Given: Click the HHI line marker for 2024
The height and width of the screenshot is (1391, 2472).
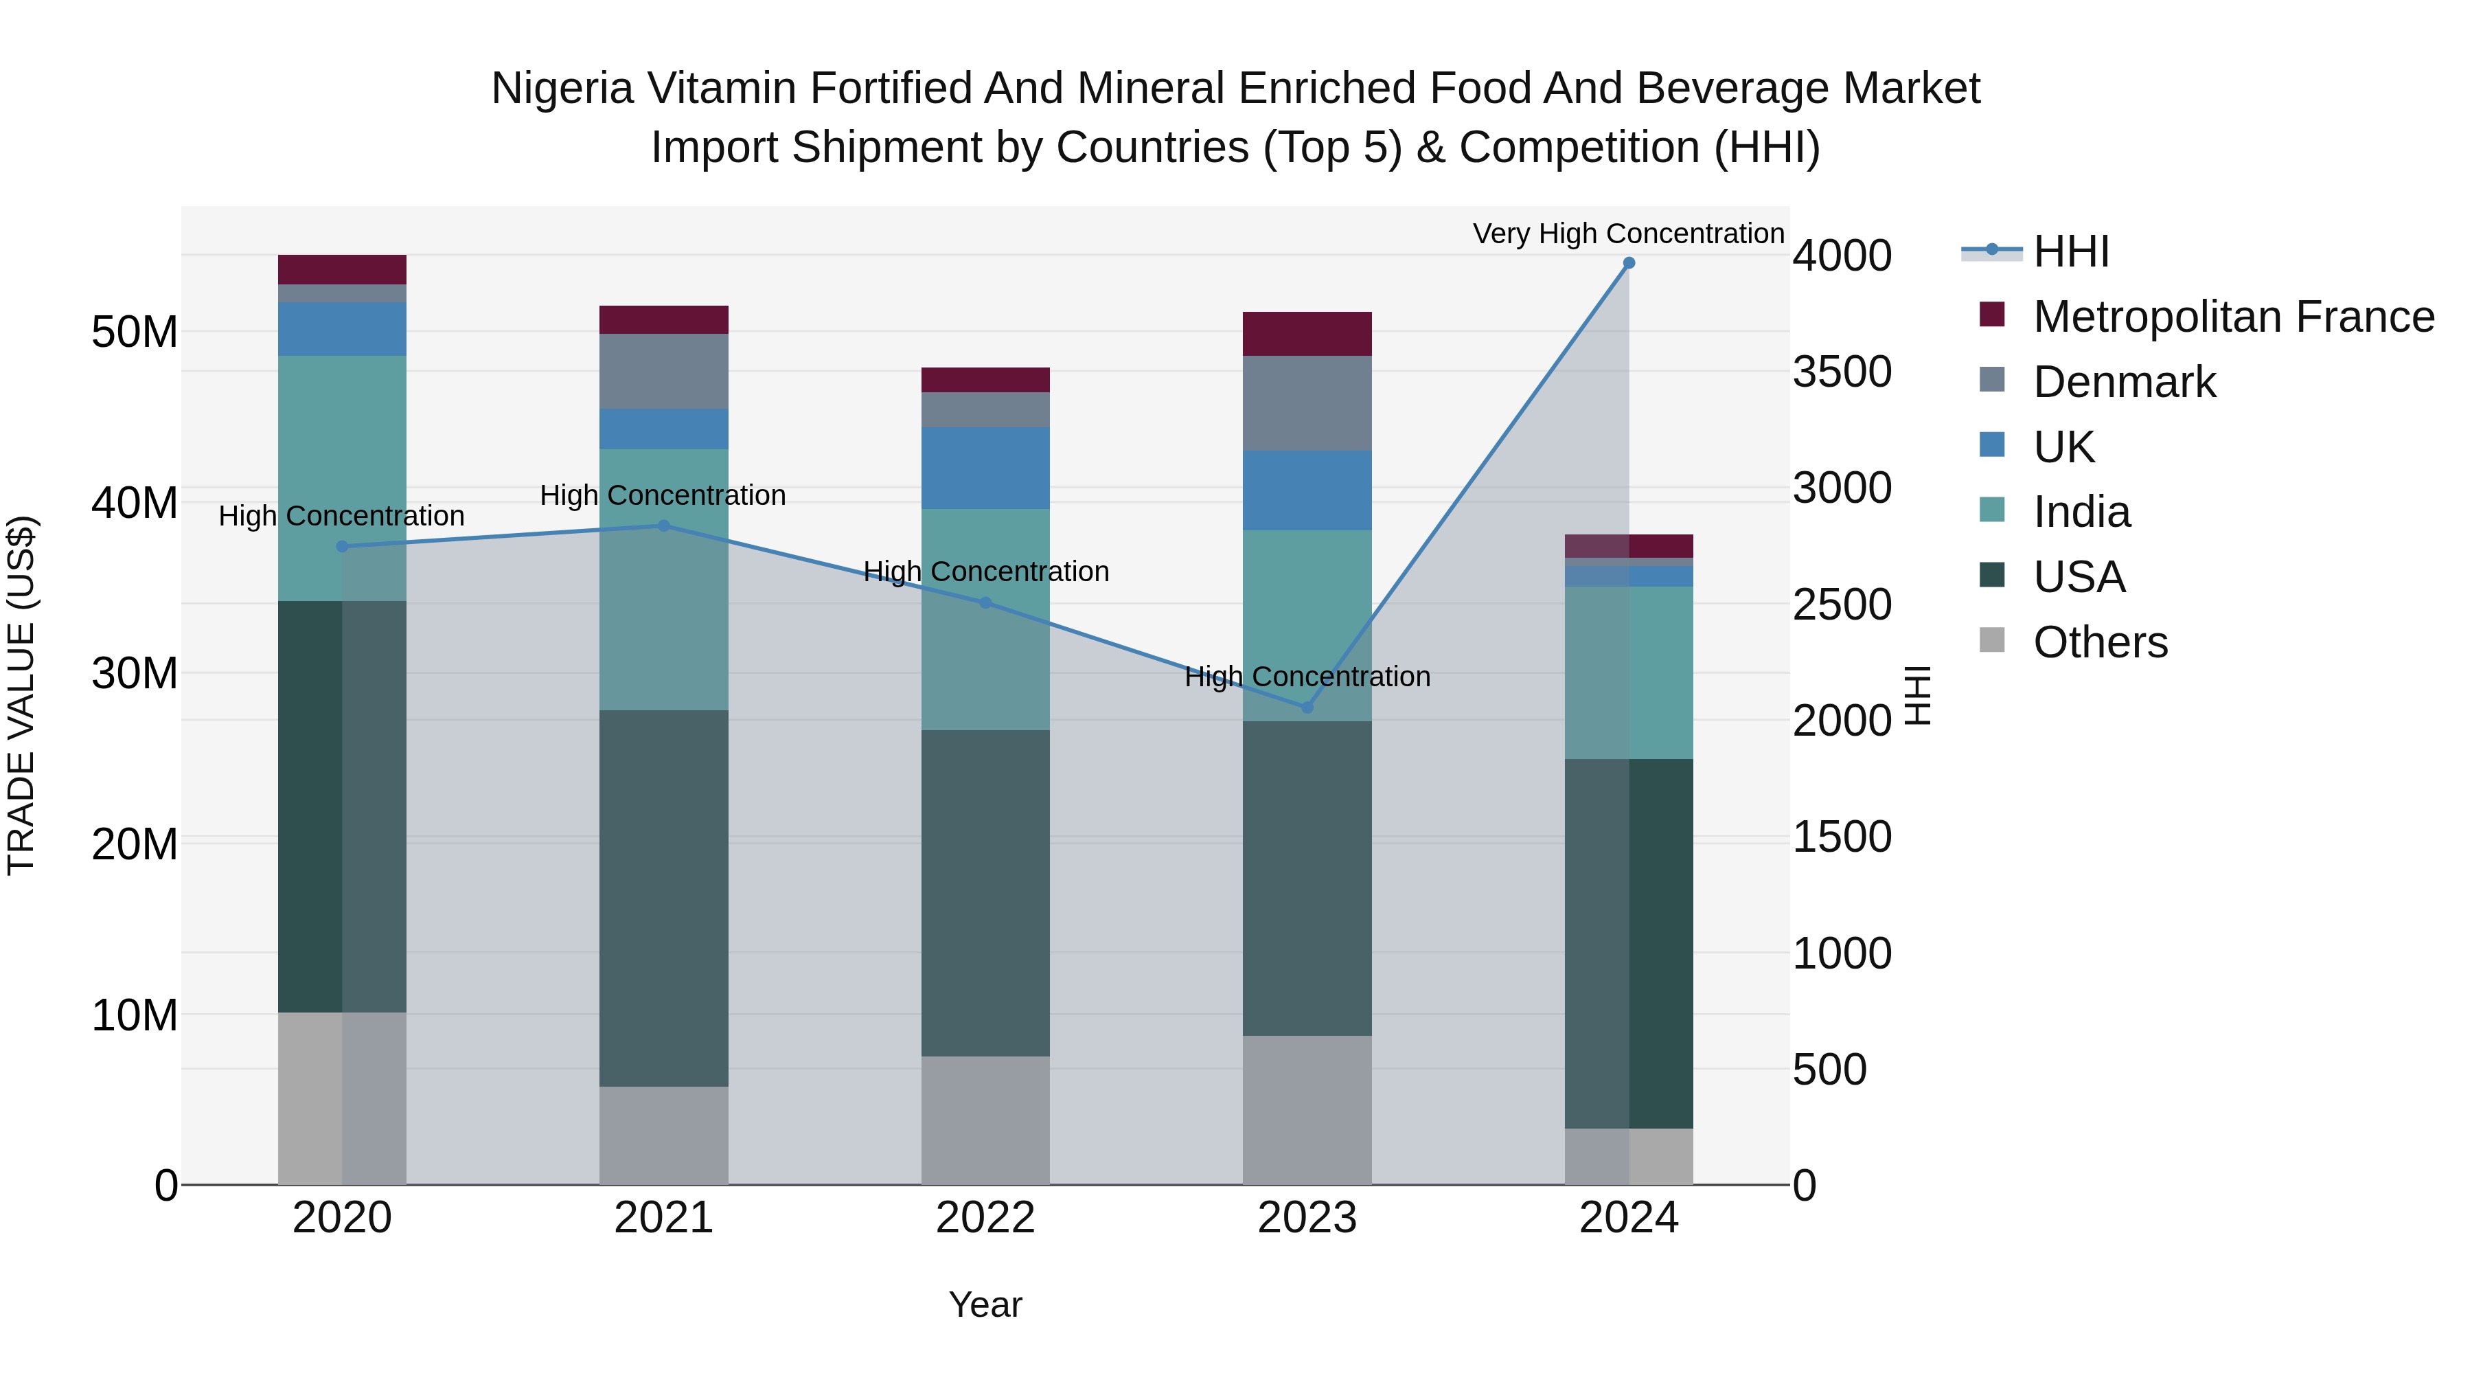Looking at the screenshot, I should pos(1629,263).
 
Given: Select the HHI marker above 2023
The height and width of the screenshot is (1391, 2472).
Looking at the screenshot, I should pos(1307,708).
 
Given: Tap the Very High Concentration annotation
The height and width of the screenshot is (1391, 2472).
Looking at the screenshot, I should pos(1629,234).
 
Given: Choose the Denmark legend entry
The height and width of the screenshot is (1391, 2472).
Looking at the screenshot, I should pos(2124,382).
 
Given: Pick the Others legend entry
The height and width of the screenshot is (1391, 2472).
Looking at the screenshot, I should pos(2100,642).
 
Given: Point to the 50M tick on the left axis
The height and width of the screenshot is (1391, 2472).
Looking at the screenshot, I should pos(135,332).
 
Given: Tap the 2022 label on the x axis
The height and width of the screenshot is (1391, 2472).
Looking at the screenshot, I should pos(985,1218).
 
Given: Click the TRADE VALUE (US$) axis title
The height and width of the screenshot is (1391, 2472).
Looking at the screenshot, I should pos(21,695).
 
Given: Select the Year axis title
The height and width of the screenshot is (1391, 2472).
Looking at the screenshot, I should pos(985,1304).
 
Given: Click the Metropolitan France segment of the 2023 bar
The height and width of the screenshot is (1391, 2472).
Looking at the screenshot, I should pos(1307,334).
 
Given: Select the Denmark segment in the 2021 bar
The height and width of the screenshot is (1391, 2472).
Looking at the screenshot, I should pos(664,372).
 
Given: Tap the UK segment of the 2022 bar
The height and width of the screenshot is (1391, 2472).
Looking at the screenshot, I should pos(985,468).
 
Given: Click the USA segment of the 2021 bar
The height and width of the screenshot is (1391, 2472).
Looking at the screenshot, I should pos(664,898).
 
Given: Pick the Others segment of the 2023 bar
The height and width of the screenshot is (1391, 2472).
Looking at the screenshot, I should pos(1307,1110).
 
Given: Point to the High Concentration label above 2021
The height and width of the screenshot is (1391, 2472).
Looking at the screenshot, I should pos(663,495).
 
